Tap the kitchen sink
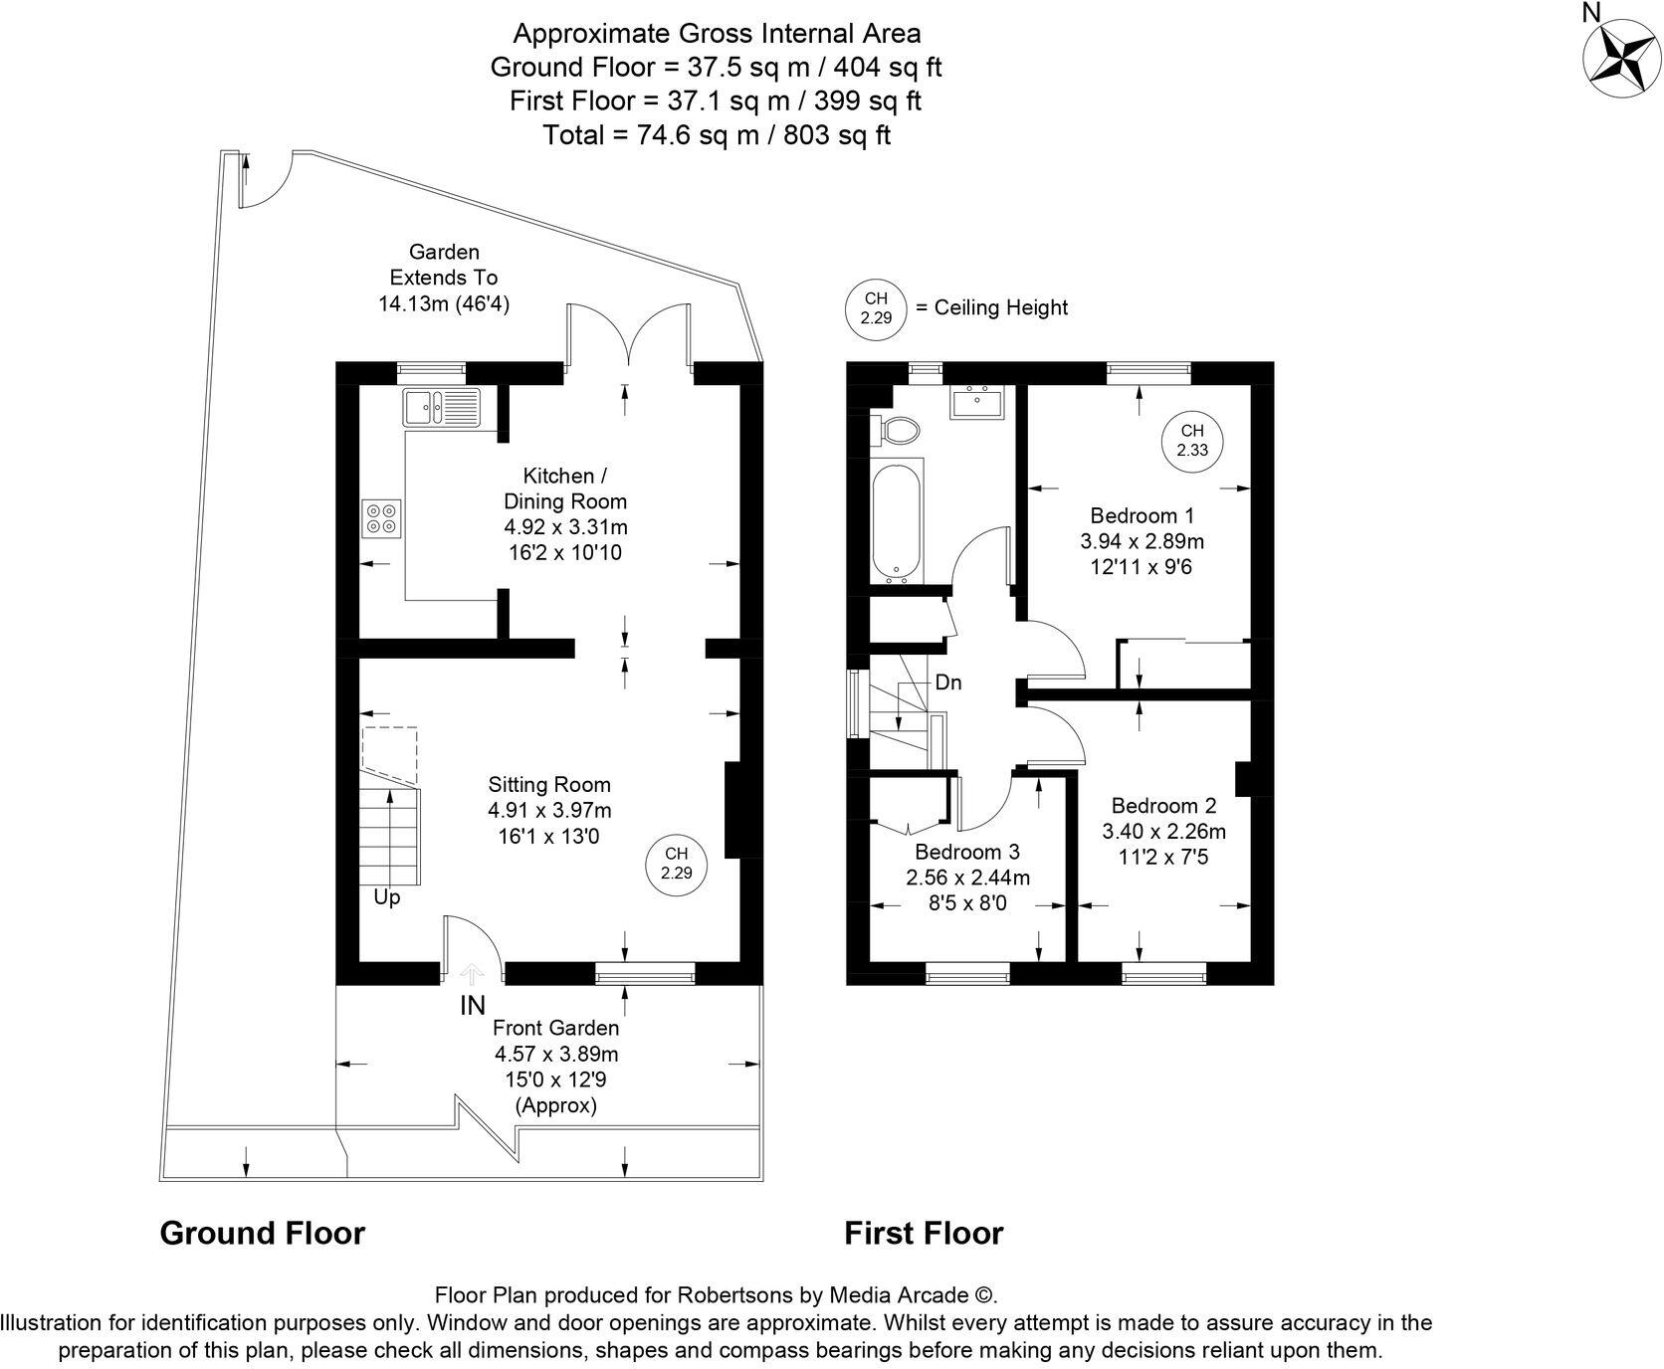(x=441, y=406)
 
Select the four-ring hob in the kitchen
(x=381, y=517)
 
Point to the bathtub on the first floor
(x=898, y=522)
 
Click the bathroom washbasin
(x=975, y=403)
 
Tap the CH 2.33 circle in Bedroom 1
(x=1191, y=440)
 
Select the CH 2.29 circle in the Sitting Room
(x=676, y=863)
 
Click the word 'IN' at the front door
(x=473, y=1006)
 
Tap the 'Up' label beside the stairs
(x=386, y=897)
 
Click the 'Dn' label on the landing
(x=947, y=684)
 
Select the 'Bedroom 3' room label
(x=966, y=852)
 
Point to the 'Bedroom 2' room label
(x=1163, y=805)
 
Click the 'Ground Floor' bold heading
(x=263, y=1233)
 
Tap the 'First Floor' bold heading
(x=924, y=1233)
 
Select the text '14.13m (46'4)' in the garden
(x=443, y=303)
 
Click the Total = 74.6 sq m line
(x=716, y=134)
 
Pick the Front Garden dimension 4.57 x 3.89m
(x=556, y=1054)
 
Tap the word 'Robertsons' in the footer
(x=735, y=1294)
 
